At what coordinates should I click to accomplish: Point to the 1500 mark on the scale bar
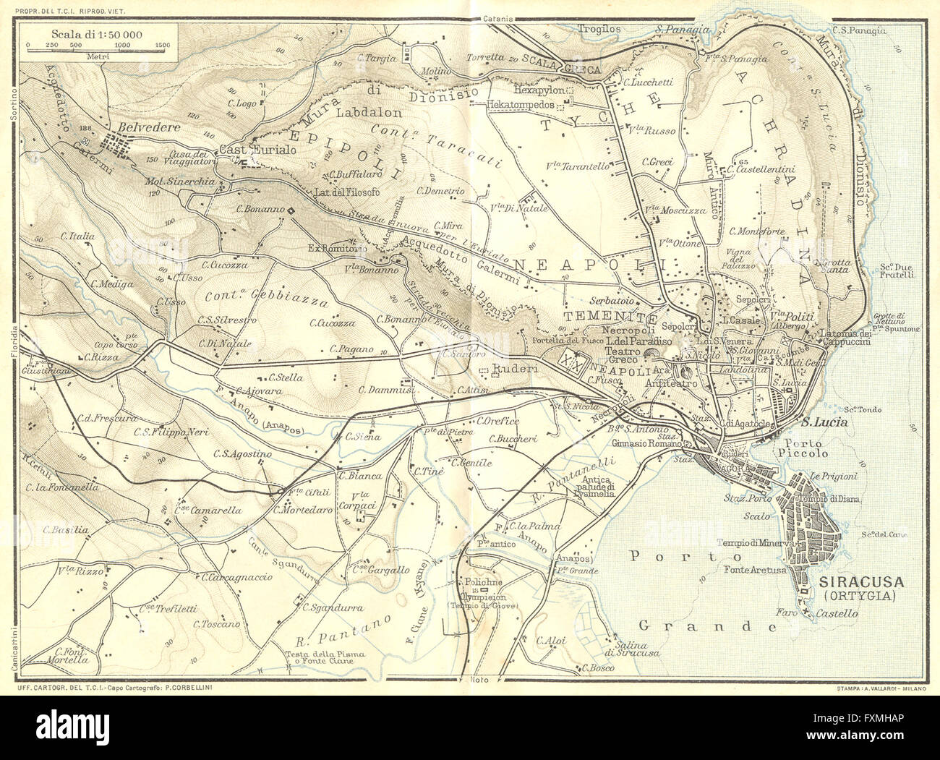(x=163, y=45)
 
